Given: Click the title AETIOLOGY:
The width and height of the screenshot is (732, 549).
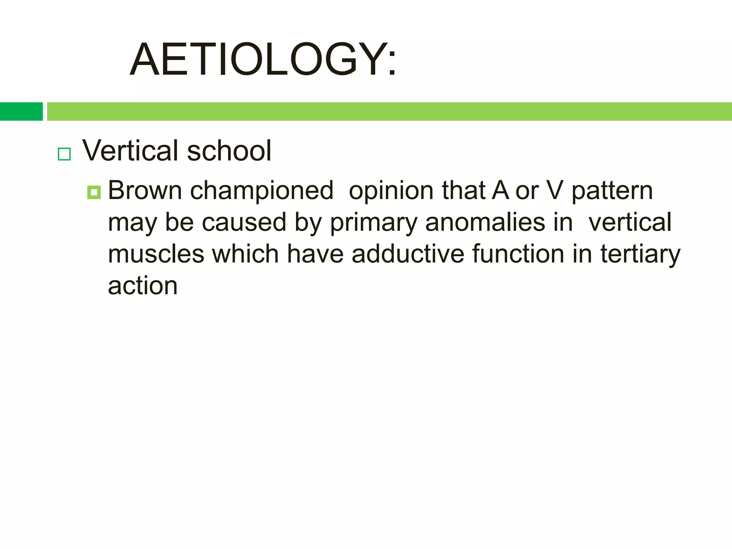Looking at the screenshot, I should click(x=263, y=59).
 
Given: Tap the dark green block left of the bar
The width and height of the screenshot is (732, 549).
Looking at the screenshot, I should click(x=21, y=111).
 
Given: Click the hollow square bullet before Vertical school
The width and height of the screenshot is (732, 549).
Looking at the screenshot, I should click(x=64, y=154).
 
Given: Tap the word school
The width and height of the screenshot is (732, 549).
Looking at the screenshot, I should click(x=229, y=150).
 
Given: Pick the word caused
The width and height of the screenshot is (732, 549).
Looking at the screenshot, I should click(x=244, y=222).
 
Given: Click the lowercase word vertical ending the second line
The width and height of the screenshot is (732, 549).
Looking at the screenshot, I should click(x=630, y=222).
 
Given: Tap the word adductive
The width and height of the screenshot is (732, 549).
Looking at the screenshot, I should click(x=408, y=254).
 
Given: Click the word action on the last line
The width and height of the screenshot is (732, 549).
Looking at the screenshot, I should click(x=143, y=286).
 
